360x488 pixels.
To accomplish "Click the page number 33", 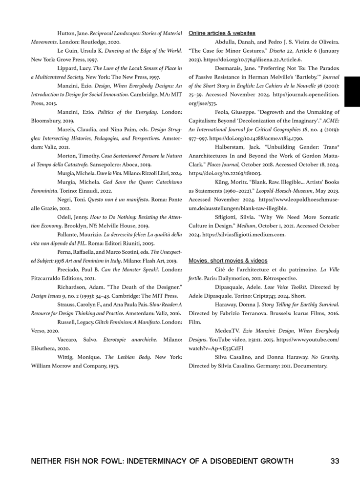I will (x=335, y=461).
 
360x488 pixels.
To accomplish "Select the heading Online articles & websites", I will (x=222, y=33).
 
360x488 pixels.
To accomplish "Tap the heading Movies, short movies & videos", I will (x=228, y=261).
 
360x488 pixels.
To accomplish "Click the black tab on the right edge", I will (x=352, y=91).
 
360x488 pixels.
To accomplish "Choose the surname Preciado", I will (x=69, y=269).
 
